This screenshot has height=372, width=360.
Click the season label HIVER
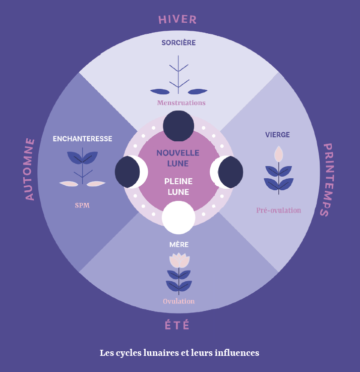coord(177,20)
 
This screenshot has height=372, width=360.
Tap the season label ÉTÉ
coord(177,326)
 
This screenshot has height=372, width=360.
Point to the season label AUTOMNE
coord(30,169)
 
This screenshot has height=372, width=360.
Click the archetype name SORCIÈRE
coord(178,43)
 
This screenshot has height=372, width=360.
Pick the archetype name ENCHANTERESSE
coord(83,139)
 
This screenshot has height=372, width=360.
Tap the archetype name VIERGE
coord(278,135)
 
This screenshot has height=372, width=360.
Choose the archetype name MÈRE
coord(179,245)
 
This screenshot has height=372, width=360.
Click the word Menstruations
coord(181,103)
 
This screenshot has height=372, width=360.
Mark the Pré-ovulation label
coord(278,210)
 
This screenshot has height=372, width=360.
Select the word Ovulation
coord(178,301)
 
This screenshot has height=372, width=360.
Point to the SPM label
coord(82,205)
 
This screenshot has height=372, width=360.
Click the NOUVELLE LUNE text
coord(178,158)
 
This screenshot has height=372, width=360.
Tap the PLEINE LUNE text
coord(178,187)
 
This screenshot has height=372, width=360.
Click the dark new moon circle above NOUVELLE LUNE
coord(178,126)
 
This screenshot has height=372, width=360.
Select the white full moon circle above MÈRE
coord(178,217)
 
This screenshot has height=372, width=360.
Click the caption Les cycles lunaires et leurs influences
coord(179,353)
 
